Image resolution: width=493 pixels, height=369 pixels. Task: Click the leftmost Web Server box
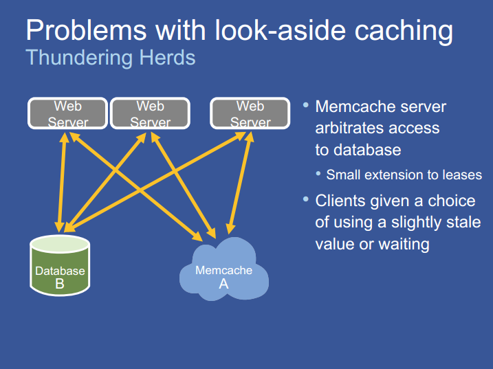(x=68, y=113)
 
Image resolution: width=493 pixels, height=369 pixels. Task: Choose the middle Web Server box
(x=150, y=113)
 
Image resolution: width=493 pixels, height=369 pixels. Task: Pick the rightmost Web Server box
(x=250, y=113)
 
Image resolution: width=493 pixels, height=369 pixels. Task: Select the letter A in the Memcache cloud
(x=223, y=283)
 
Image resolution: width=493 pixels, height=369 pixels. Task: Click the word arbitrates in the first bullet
(x=353, y=128)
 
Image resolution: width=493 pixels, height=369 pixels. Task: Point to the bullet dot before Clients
(x=306, y=199)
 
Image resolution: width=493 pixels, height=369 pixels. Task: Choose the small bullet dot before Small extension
(x=319, y=173)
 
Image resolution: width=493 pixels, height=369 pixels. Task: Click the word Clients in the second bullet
(x=343, y=201)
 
